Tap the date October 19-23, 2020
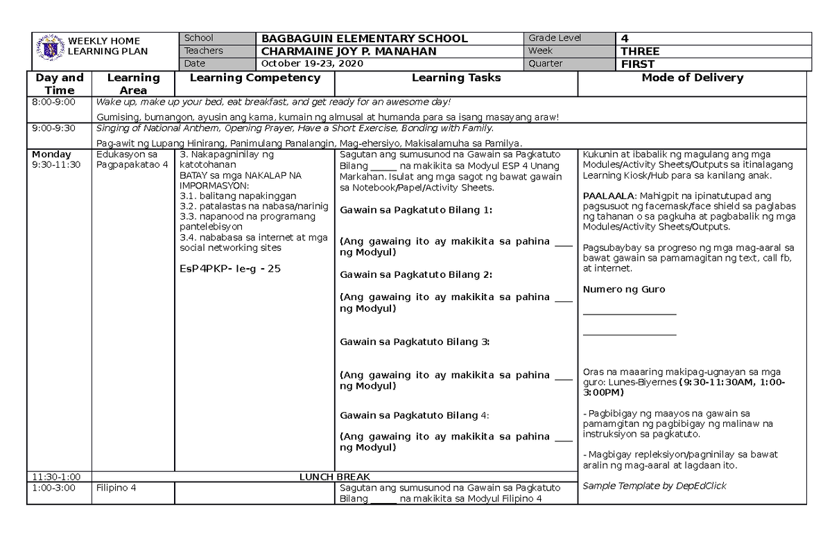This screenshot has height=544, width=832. coord(311,64)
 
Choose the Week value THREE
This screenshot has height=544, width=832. coord(640,51)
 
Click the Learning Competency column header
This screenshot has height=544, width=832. coord(254,78)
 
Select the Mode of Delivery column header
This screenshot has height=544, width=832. coord(692,78)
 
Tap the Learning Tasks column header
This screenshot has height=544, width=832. coord(456,78)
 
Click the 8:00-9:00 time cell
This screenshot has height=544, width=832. coord(52,103)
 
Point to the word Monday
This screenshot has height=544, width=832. coord(51,154)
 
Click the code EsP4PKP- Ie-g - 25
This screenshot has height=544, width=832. coord(229,269)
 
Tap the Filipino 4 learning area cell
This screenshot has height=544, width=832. coord(116,488)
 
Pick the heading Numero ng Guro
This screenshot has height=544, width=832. coord(624,290)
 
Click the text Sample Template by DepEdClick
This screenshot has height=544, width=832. coord(655,486)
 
